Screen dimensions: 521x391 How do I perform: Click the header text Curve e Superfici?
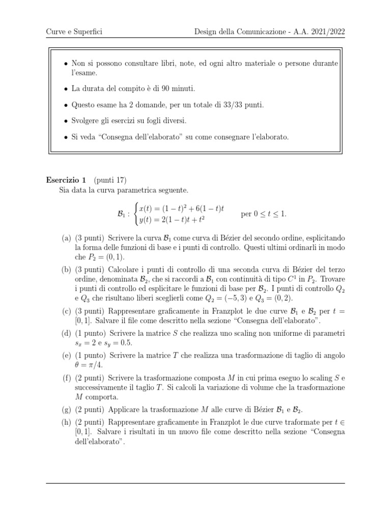[x=74, y=32]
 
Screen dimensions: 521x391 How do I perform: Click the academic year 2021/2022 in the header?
[x=326, y=32]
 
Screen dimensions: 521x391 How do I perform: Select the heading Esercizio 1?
[x=66, y=180]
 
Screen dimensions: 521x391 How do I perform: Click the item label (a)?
[x=66, y=238]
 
